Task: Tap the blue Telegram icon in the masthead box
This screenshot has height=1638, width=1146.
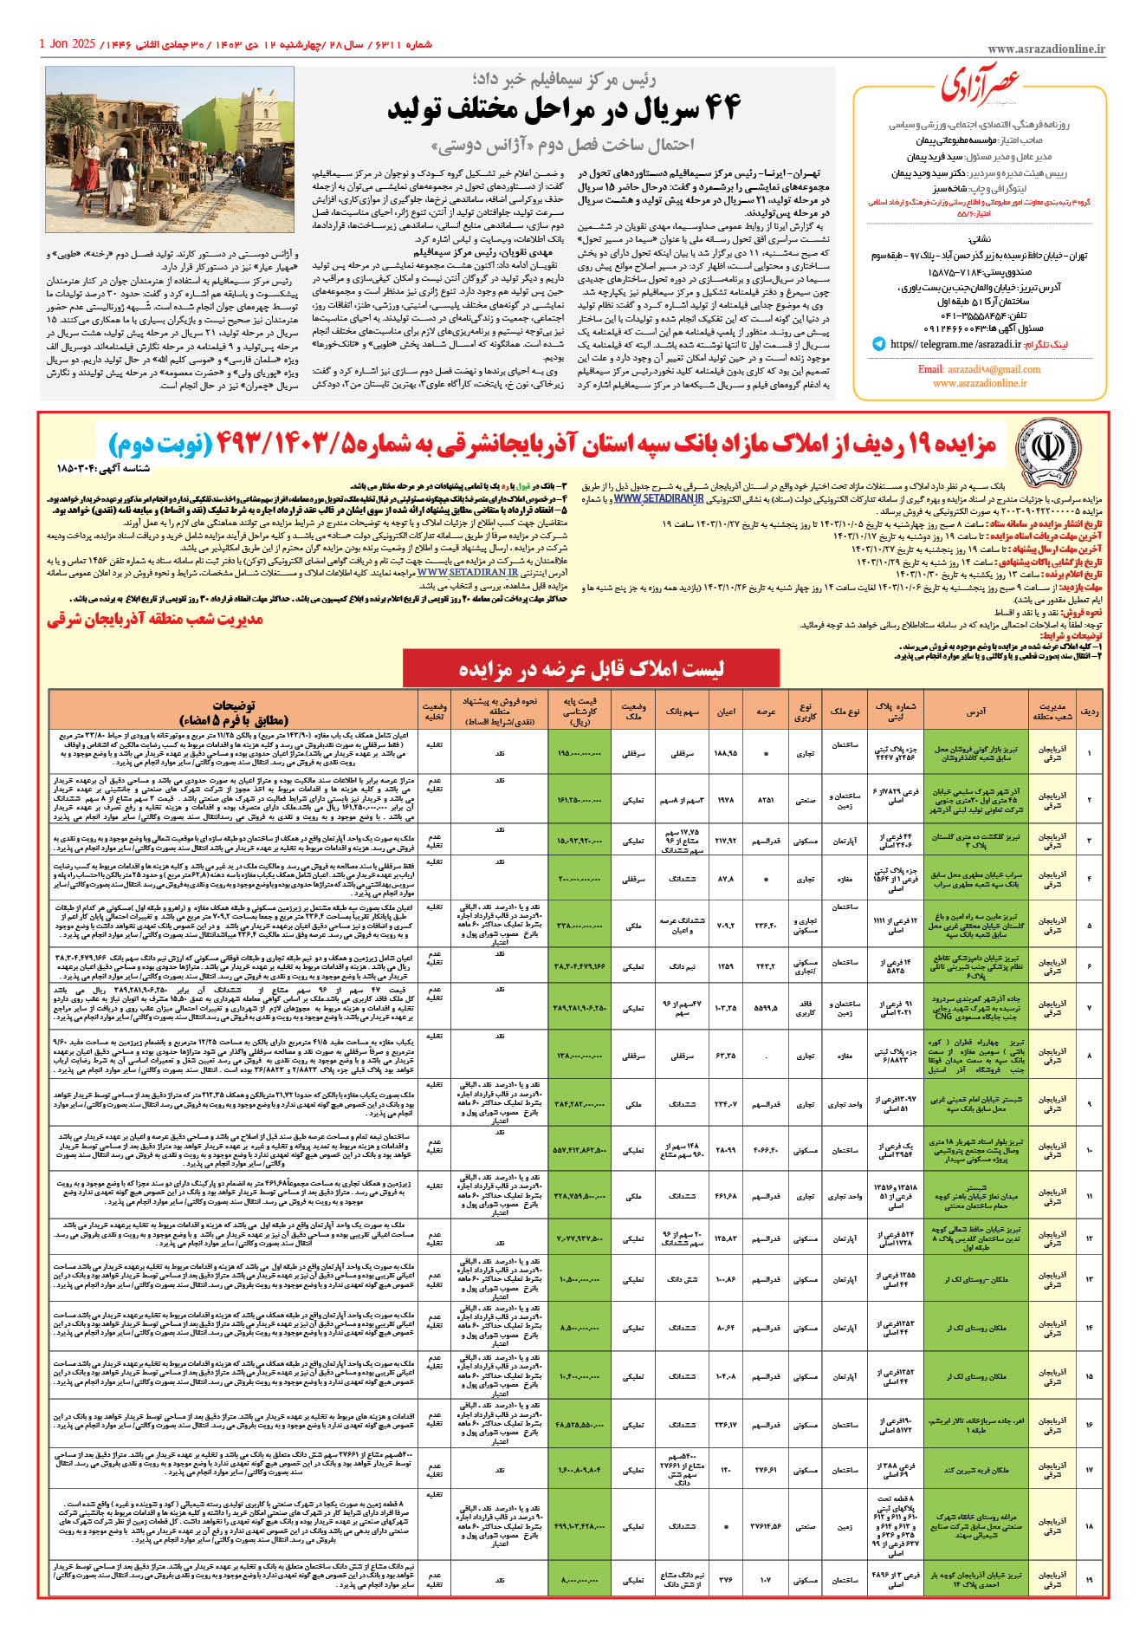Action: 878,344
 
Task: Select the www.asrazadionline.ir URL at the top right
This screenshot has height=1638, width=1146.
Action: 1046,50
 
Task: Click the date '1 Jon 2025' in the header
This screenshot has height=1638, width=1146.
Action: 67,43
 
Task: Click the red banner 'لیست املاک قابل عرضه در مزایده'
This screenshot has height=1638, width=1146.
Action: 591,668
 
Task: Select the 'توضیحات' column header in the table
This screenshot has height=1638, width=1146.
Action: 233,712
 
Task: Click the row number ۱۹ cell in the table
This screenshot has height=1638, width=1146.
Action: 1090,1579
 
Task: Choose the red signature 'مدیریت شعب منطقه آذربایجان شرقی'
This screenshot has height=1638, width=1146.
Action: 155,619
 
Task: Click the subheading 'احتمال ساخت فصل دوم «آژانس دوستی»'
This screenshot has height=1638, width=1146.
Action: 564,144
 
